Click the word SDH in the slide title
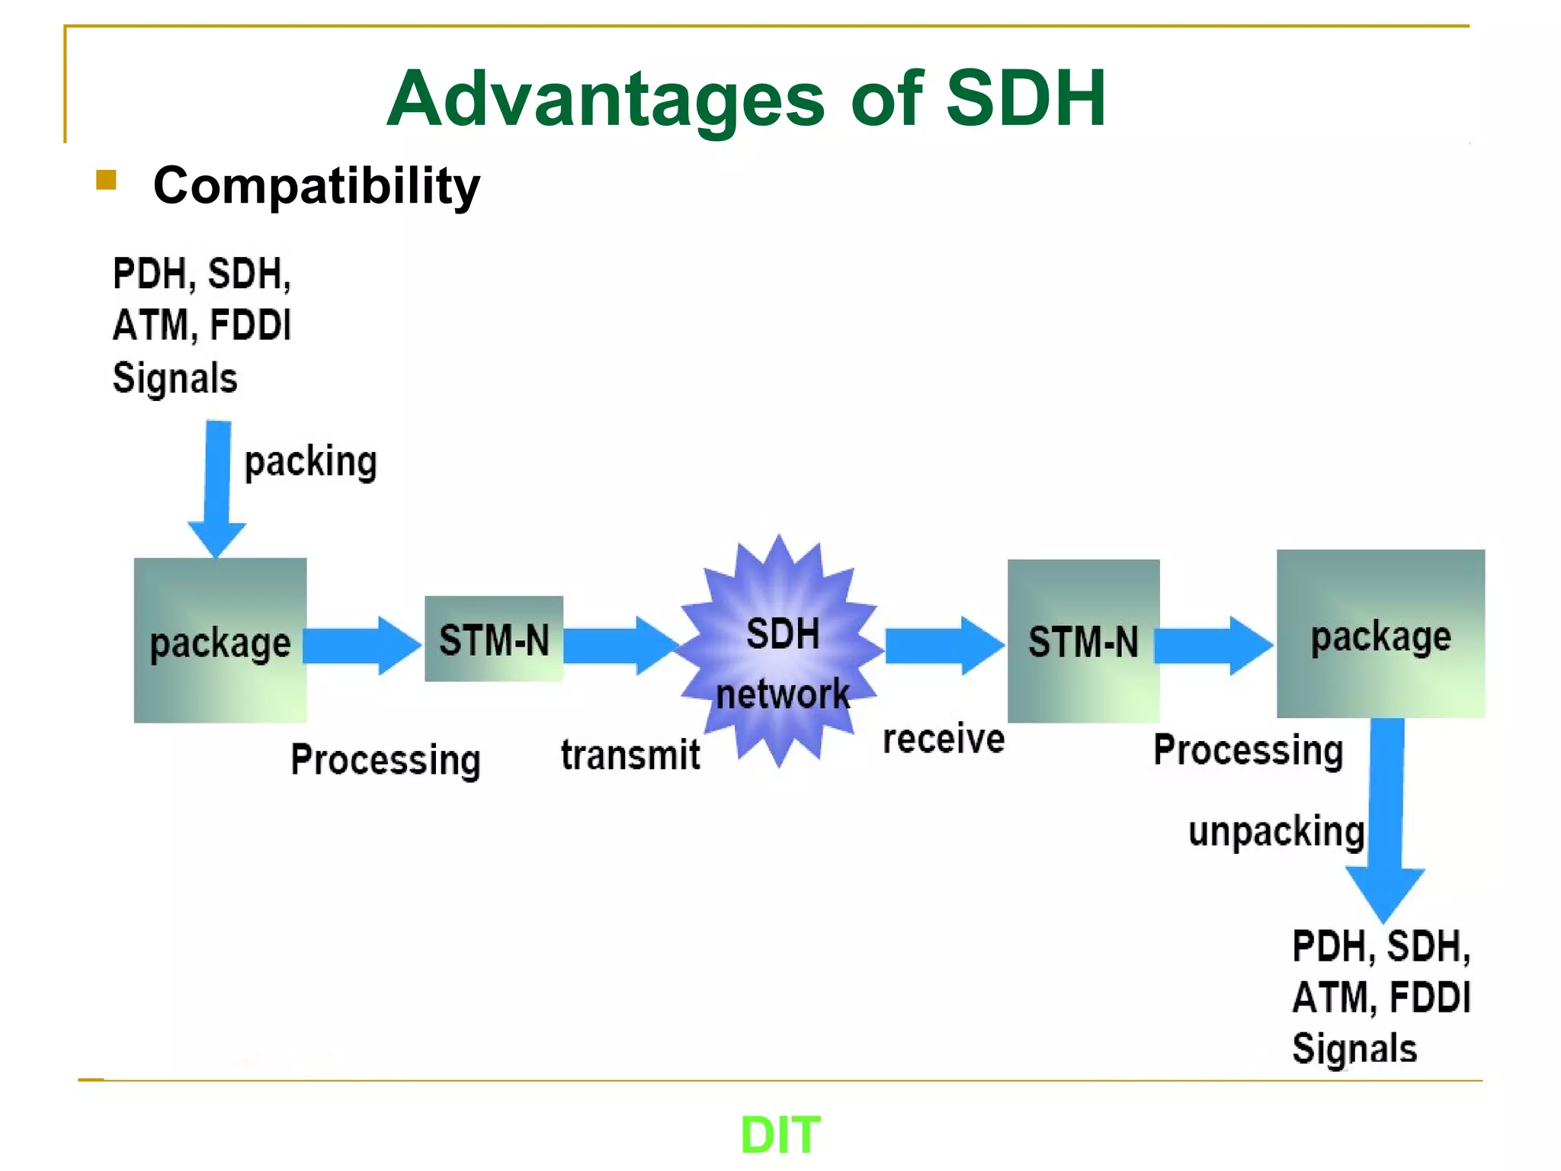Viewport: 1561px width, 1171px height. [1025, 99]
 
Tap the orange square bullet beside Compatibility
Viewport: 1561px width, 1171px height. [106, 181]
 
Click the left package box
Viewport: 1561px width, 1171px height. [220, 640]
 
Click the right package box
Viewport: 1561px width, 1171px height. [1380, 634]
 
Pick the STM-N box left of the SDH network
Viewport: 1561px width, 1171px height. [494, 639]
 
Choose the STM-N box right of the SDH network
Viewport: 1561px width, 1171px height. [1083, 641]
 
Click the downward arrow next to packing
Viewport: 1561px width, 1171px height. [217, 488]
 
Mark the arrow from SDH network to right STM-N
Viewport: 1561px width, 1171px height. [944, 646]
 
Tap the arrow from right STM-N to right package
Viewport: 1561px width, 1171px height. [1212, 646]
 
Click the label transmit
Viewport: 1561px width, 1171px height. [630, 756]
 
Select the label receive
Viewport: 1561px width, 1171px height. [944, 739]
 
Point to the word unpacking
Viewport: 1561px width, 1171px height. [1276, 831]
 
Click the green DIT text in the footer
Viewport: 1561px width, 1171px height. [780, 1134]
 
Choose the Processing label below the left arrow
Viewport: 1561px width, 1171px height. [386, 760]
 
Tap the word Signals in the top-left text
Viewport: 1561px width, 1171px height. [175, 378]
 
